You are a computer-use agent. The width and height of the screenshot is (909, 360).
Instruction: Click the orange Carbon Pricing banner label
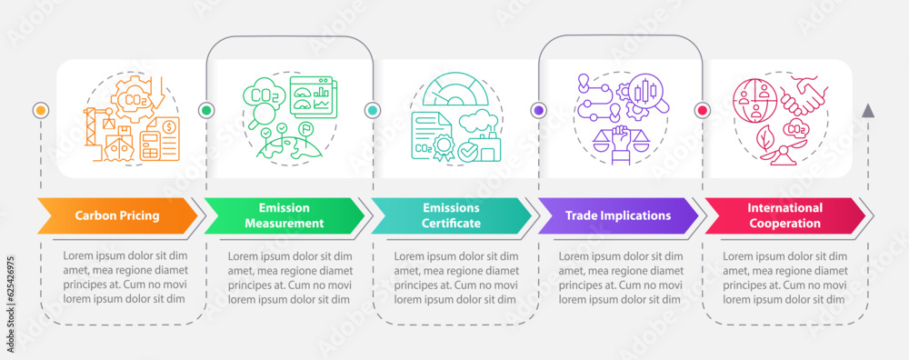click(117, 216)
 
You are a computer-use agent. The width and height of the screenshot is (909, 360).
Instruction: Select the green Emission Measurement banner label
click(284, 216)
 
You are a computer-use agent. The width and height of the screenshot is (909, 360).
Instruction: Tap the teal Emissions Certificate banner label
click(450, 216)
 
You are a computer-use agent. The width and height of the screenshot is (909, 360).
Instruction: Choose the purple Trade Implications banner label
click(617, 216)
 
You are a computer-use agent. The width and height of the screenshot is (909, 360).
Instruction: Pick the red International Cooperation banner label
click(784, 216)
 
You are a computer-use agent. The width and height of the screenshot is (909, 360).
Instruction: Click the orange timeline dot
click(40, 110)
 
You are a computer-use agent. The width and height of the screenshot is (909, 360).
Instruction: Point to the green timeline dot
click(206, 110)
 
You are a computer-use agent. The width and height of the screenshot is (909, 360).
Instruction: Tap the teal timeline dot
click(373, 110)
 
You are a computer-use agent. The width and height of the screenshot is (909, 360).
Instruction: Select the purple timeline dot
click(538, 110)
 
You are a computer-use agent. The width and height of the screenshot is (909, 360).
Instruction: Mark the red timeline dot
click(702, 110)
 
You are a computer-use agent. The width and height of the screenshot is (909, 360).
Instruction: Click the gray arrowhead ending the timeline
click(868, 111)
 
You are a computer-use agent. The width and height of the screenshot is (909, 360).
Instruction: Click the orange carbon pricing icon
click(131, 119)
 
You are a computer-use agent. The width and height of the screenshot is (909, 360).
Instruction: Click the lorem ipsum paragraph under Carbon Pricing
click(125, 277)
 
